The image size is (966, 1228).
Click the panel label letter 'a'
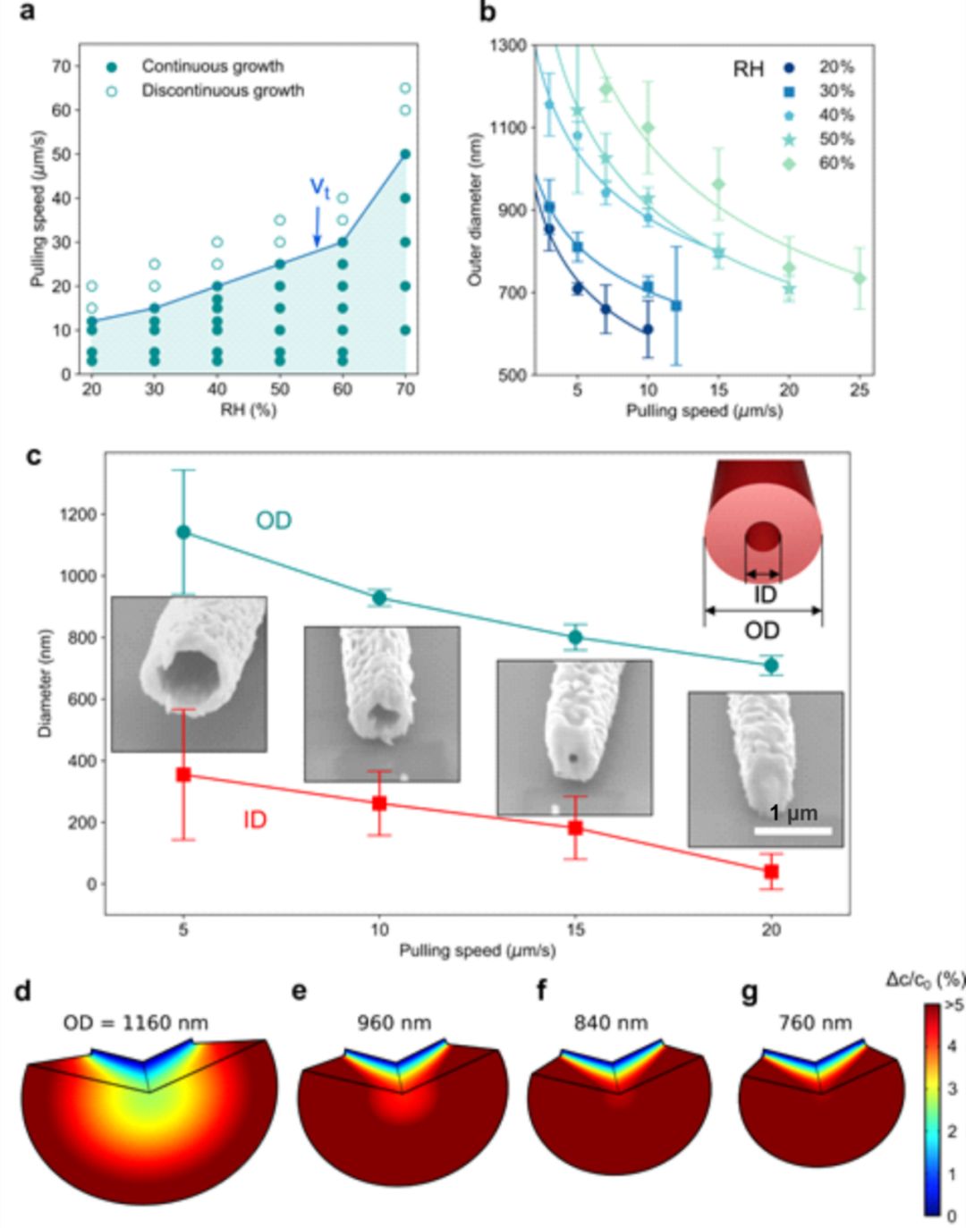[x=27, y=12]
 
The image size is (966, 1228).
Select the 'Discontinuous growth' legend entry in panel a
[x=222, y=90]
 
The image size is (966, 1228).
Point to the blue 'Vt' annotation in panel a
[x=319, y=188]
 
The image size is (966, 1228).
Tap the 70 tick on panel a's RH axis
[x=405, y=389]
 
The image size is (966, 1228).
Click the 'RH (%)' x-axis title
[x=248, y=411]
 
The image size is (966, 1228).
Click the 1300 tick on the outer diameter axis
[x=507, y=45]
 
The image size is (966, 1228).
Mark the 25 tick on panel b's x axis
[x=860, y=390]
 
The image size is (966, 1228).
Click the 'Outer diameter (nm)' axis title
[x=475, y=210]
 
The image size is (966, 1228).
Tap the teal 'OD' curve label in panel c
[x=274, y=521]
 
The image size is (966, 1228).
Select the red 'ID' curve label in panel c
[x=255, y=819]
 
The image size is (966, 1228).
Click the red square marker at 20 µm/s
[x=771, y=871]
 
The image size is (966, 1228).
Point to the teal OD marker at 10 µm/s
[x=379, y=597]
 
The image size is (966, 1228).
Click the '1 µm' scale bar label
[x=792, y=813]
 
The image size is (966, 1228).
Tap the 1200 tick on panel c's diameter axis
[x=78, y=514]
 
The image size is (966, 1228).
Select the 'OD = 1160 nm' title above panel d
[x=135, y=1022]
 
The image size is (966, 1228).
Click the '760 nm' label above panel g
[x=815, y=1022]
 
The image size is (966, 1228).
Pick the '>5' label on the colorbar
[x=953, y=1005]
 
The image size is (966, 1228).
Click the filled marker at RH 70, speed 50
[x=405, y=154]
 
